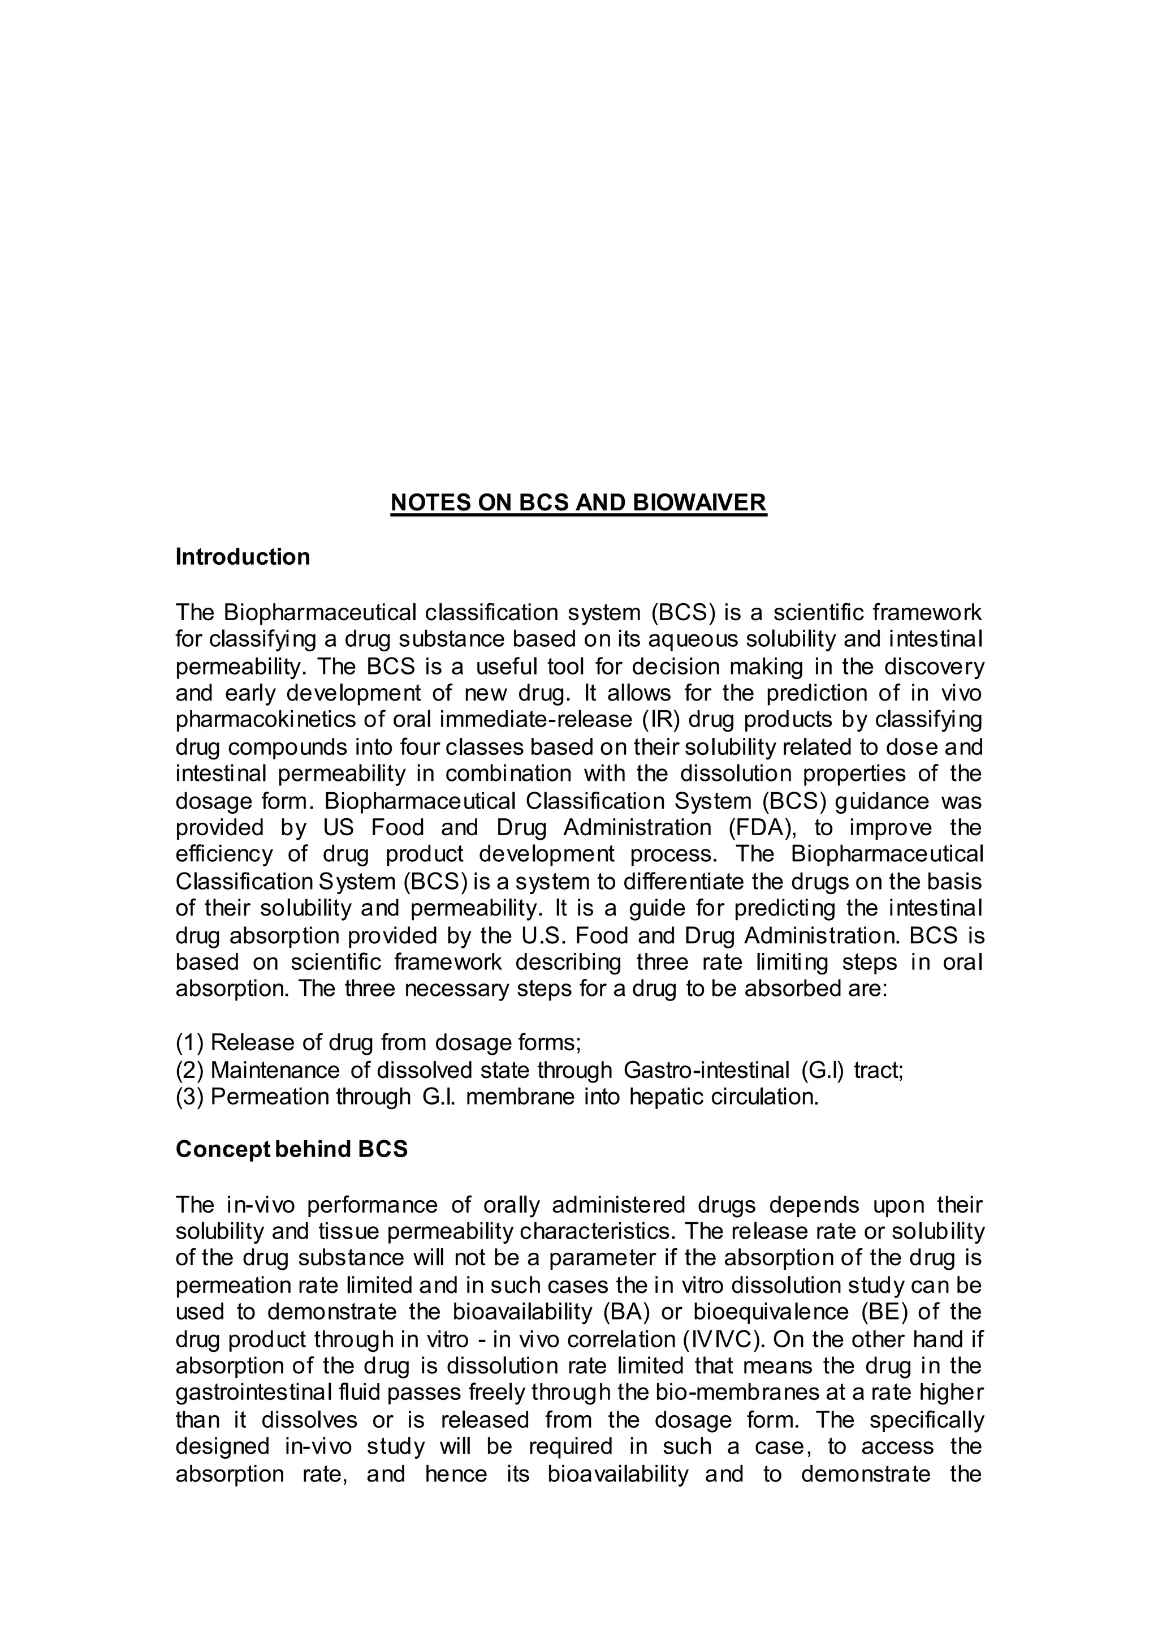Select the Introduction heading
coord(243,557)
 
